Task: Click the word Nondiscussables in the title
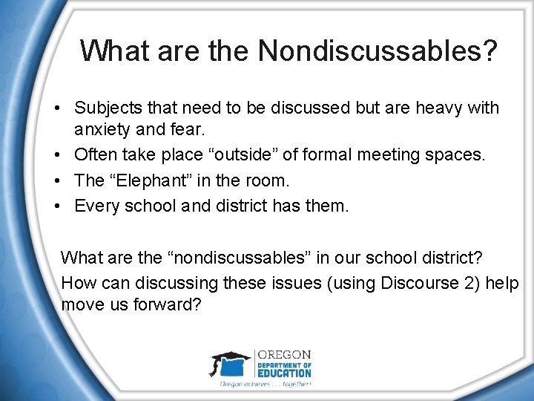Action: [378, 51]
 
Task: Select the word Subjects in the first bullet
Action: [105, 108]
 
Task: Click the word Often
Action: [93, 156]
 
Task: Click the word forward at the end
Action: [168, 305]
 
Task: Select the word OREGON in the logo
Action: [283, 355]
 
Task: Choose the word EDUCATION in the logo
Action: [284, 373]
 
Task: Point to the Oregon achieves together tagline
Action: [265, 384]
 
